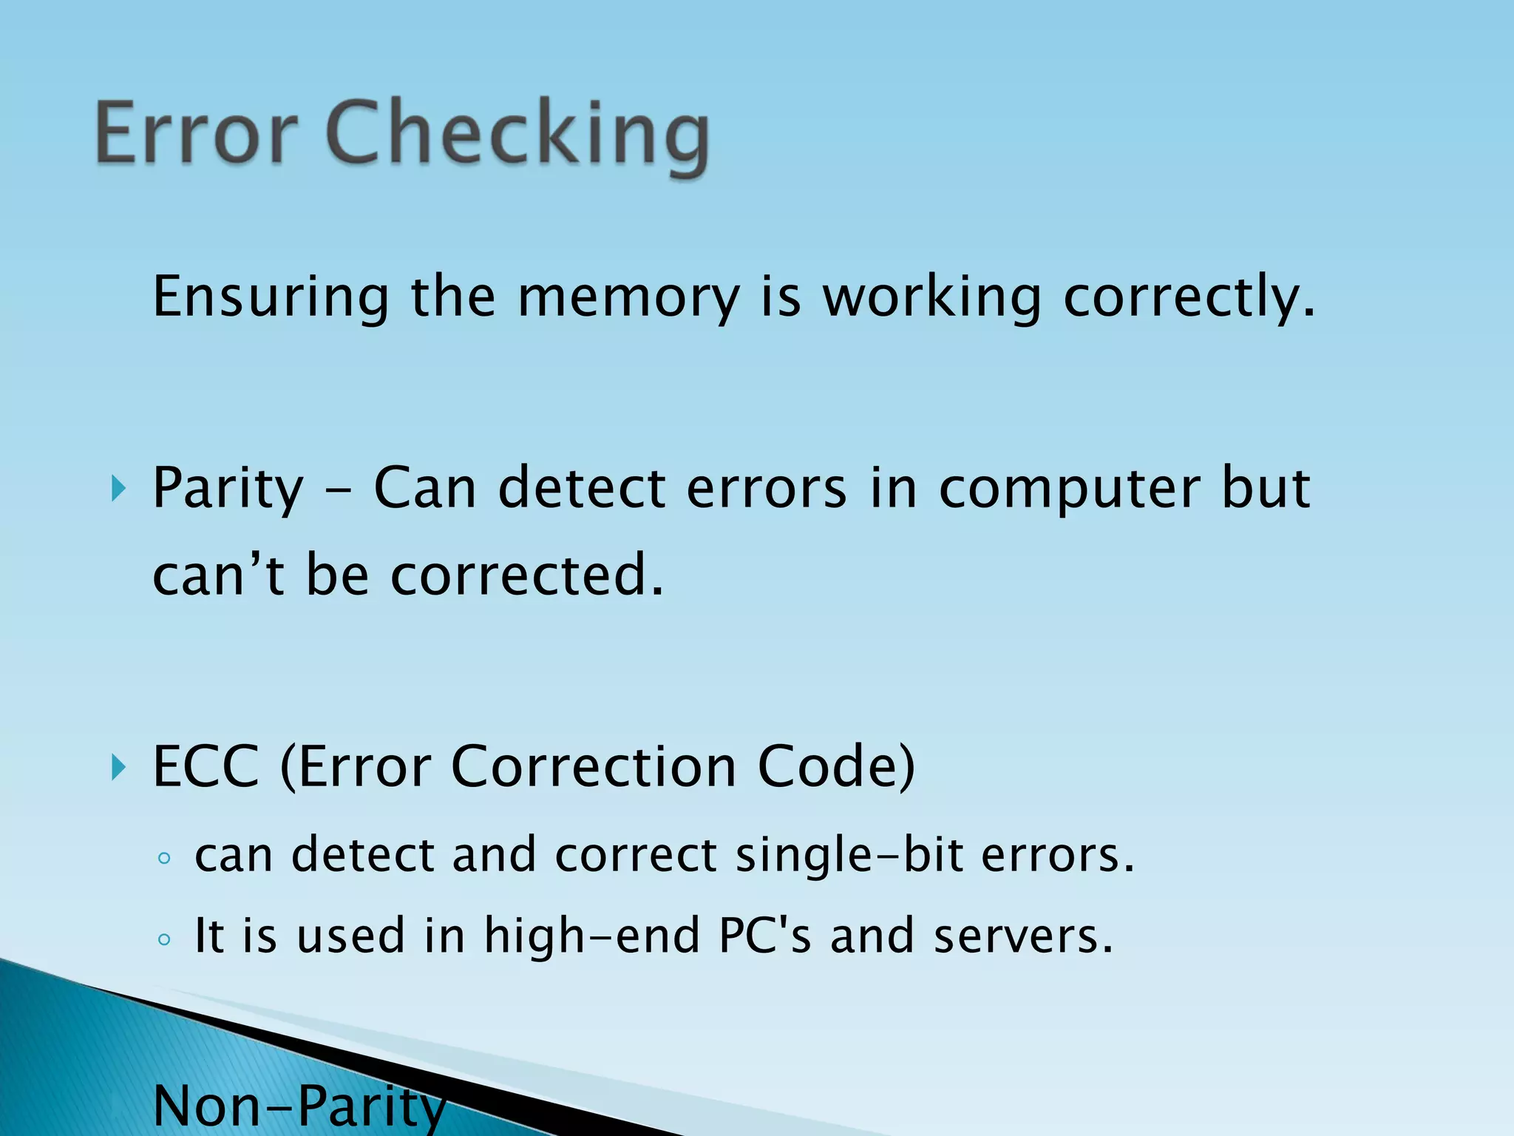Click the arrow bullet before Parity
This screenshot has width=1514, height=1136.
coord(118,488)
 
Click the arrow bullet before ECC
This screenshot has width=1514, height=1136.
coord(118,767)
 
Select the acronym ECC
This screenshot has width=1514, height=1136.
coord(206,767)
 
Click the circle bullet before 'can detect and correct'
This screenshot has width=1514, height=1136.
coord(164,859)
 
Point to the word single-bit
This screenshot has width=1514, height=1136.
coord(849,856)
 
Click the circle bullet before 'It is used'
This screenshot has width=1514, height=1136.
coord(164,939)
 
